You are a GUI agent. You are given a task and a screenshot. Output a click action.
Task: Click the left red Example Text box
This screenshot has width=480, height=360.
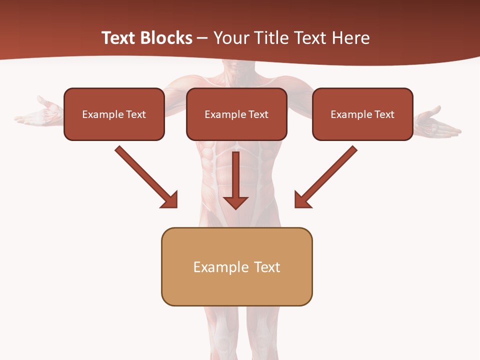click(114, 114)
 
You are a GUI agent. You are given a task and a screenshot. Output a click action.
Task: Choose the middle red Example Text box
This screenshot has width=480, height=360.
click(236, 114)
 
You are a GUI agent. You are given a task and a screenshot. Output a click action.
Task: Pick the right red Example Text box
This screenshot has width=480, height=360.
click(362, 114)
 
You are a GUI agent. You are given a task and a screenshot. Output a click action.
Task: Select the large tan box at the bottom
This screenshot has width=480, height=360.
click(236, 266)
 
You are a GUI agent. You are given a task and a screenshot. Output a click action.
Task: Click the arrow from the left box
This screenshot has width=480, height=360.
click(145, 176)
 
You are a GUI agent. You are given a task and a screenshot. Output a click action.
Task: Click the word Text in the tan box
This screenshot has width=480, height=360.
click(267, 267)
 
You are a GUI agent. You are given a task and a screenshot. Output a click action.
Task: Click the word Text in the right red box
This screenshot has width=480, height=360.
click(384, 114)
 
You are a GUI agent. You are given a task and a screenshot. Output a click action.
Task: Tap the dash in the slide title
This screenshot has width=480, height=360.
click(202, 38)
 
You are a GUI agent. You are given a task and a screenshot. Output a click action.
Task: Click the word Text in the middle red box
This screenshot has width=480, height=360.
click(258, 114)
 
